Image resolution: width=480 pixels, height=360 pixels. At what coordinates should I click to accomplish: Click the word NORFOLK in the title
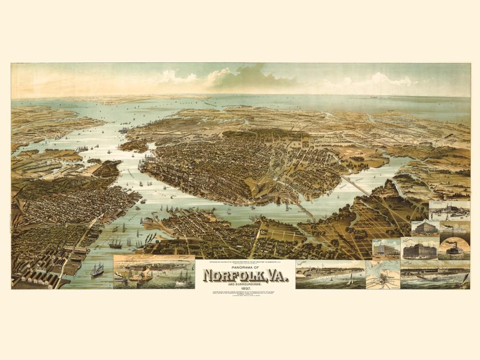(230, 276)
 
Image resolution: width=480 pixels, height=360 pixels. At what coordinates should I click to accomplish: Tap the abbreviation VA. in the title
(275, 276)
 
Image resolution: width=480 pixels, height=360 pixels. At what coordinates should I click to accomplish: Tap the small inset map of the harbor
(383, 275)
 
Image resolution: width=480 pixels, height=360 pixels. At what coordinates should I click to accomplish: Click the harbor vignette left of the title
(154, 272)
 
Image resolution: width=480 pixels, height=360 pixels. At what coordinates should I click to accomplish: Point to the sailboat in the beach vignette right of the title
(351, 278)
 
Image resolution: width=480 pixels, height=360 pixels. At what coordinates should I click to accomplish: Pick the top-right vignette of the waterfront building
(449, 210)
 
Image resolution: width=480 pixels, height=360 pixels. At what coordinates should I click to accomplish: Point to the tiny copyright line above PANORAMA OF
(245, 263)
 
